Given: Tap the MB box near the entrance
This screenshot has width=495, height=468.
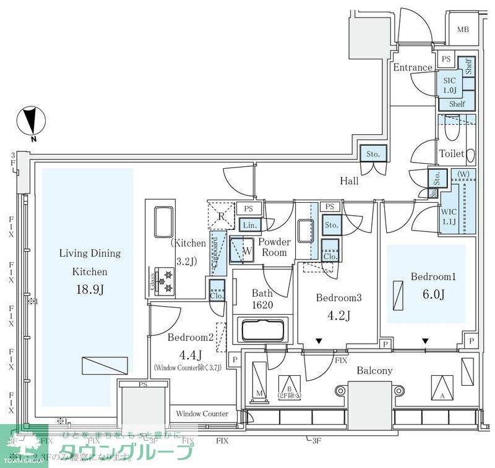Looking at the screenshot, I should (463, 30).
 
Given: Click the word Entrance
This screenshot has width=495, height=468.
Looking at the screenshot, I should (413, 67).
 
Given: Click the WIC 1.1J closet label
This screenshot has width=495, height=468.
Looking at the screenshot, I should (449, 216).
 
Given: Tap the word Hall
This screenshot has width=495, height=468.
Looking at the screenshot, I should (350, 181).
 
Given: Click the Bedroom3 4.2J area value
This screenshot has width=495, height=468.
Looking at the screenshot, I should (338, 317).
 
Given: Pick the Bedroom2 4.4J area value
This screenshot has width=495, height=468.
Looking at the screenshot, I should (191, 355).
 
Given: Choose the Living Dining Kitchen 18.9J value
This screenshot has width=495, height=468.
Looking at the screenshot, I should (89, 289).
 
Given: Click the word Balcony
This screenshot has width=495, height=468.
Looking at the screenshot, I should (374, 371).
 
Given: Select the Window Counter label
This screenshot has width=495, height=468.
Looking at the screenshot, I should (202, 414).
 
